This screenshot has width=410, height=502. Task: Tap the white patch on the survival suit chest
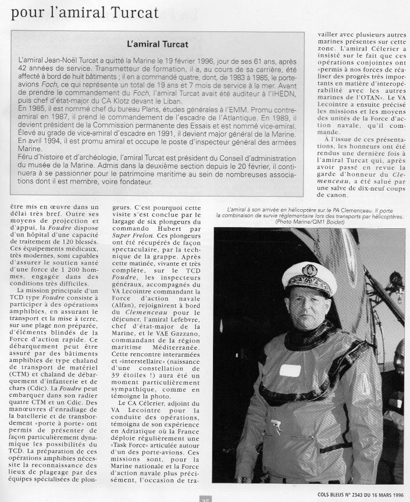[289, 370]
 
